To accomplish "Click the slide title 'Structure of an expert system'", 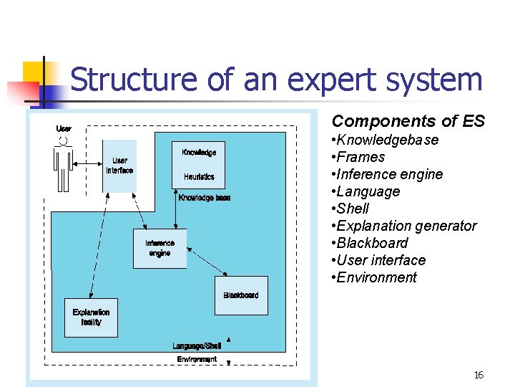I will [x=276, y=80].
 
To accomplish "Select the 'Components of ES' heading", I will [x=408, y=121].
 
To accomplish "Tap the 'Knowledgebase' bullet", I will [x=387, y=140].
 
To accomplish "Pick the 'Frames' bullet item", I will [x=360, y=157].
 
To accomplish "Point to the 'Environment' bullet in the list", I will [x=376, y=277].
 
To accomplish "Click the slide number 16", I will [x=479, y=376].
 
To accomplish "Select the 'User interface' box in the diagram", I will [x=119, y=166].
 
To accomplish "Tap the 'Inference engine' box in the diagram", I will [x=160, y=248].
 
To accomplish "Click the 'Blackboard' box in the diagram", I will [x=241, y=295].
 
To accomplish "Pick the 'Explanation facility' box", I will [x=91, y=317].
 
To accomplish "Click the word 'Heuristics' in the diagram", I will [x=199, y=176].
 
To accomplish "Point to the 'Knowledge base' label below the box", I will [x=205, y=198].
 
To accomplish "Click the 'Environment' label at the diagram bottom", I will [x=197, y=359].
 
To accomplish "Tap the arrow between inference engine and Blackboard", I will [x=207, y=262].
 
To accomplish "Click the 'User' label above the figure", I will [x=64, y=128].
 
